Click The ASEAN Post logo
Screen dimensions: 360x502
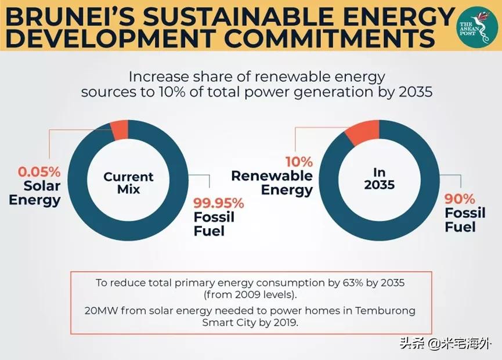click(x=475, y=26)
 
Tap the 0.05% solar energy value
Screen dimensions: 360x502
click(x=39, y=172)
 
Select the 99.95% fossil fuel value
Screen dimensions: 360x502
click(x=218, y=203)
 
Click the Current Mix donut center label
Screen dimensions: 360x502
click(x=128, y=183)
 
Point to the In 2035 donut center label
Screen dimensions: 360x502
click(x=380, y=179)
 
